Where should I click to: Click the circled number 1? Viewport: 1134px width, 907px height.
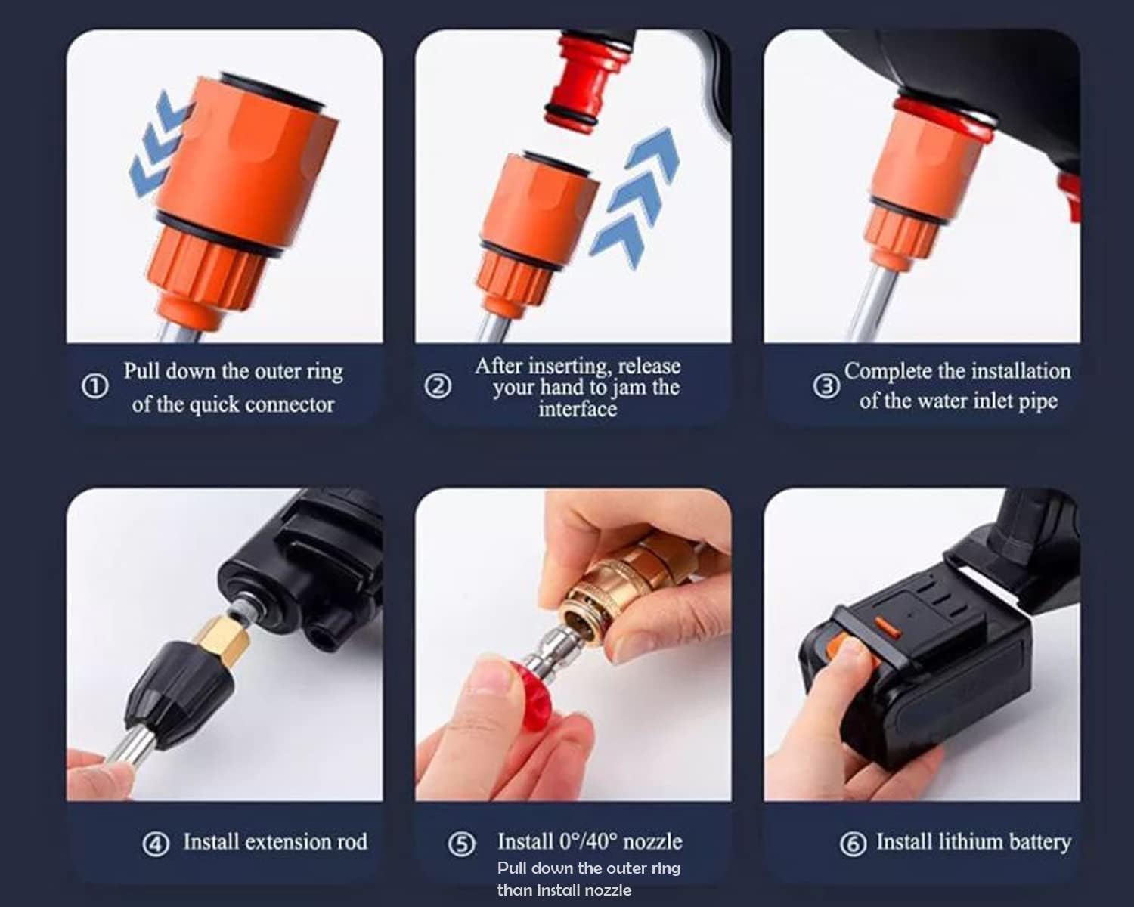tap(94, 387)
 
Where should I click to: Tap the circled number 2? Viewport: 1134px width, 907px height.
tap(438, 387)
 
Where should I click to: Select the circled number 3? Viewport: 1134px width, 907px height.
tap(826, 386)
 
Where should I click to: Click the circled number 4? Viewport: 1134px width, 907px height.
tap(156, 844)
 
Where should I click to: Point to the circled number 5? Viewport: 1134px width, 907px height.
tap(462, 844)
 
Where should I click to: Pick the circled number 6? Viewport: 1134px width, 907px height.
tap(853, 844)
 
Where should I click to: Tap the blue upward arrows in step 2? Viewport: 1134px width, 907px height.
tap(637, 197)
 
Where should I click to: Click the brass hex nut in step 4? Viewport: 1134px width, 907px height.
tap(222, 639)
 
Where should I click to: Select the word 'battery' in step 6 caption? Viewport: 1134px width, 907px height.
tap(1039, 842)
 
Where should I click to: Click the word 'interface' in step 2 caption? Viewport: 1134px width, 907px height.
tap(578, 410)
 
